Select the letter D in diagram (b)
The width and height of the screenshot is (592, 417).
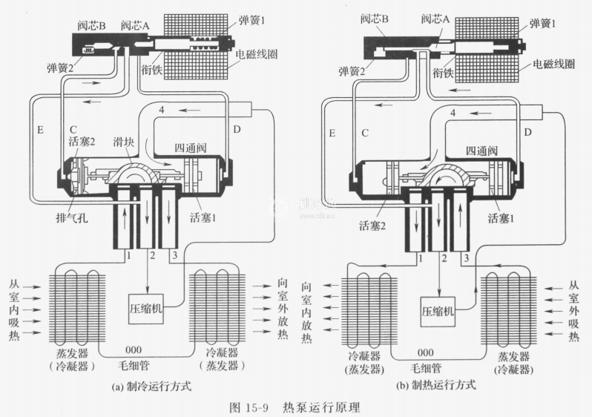pyautogui.click(x=527, y=131)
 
